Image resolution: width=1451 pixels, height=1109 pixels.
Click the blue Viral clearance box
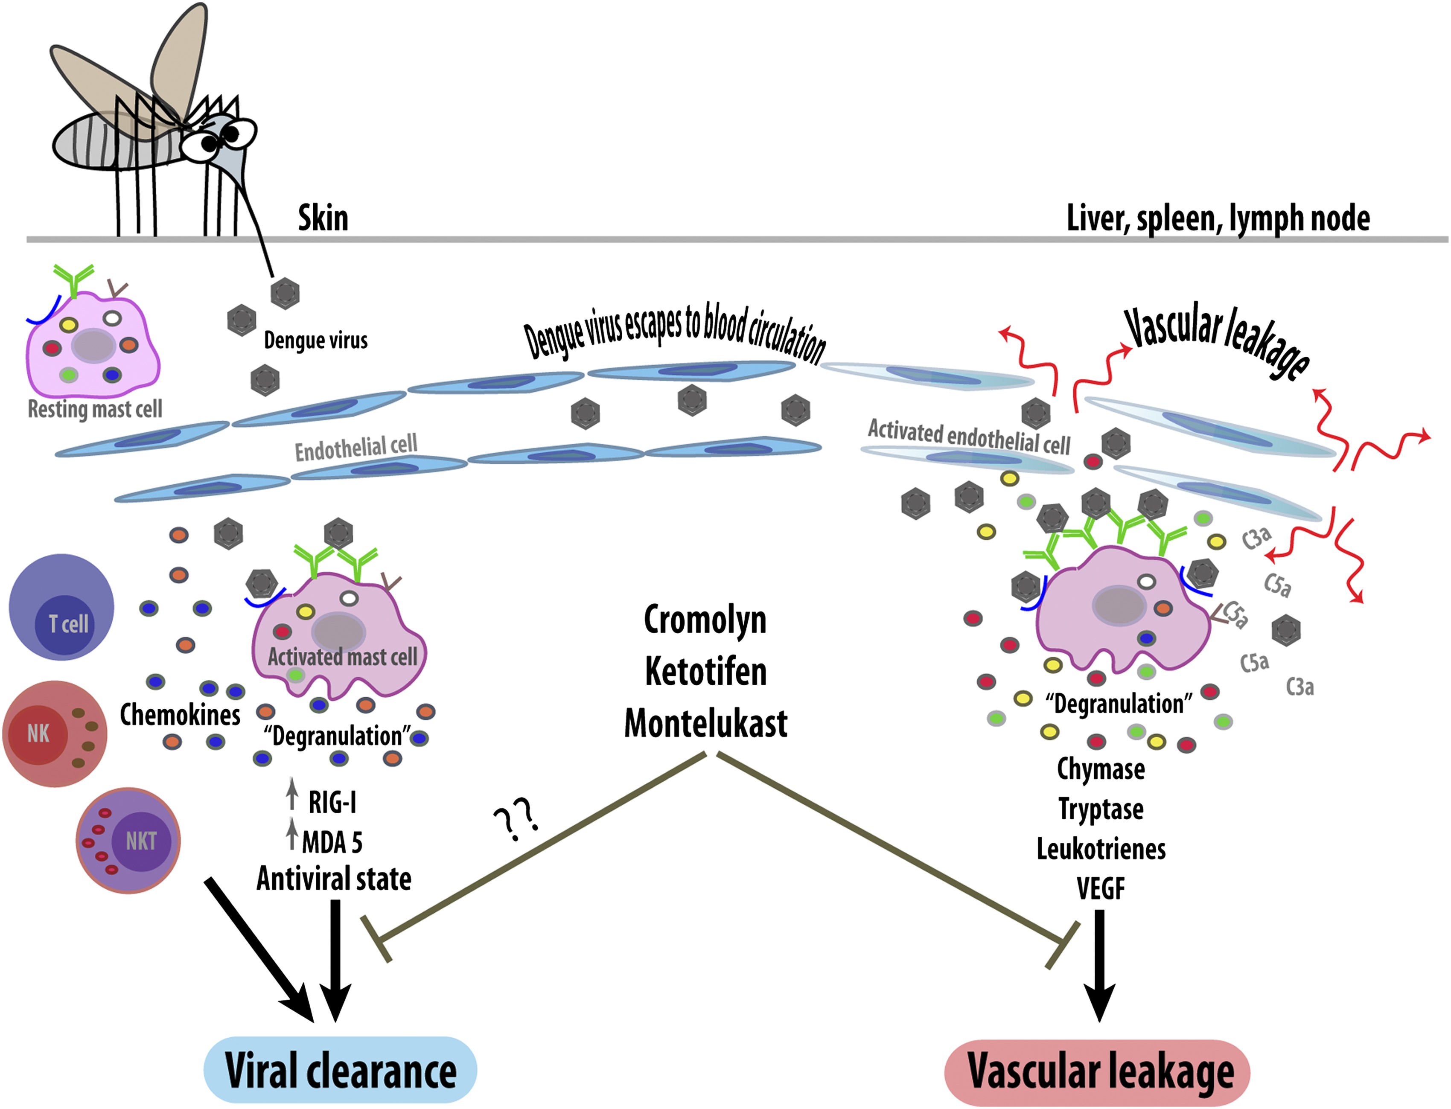coord(340,1069)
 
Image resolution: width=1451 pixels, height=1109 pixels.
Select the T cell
coord(61,607)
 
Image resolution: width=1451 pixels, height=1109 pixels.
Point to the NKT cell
coord(129,840)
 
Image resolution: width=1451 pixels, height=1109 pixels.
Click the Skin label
coord(323,218)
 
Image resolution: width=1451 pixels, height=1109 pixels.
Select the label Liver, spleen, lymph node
coord(1218,218)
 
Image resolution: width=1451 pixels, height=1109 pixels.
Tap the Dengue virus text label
coord(315,341)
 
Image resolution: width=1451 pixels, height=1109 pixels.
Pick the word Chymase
coord(1101,769)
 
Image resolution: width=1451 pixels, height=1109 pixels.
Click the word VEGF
coord(1101,888)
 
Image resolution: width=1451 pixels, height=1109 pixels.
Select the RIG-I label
coord(332,802)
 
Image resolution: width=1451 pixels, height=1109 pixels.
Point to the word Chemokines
coord(180,714)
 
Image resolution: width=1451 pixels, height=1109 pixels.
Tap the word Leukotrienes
coord(1101,849)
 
